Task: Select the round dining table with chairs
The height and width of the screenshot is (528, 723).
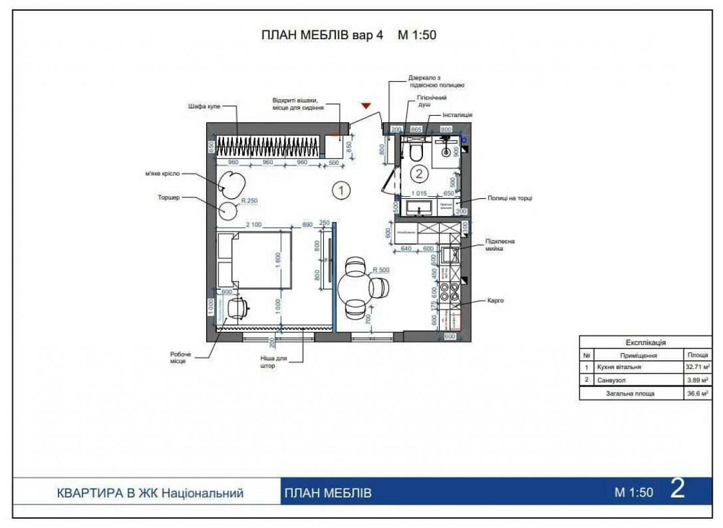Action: tap(361, 287)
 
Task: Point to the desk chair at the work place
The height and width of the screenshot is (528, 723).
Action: tap(236, 309)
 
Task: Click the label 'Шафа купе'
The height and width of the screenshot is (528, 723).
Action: tap(199, 106)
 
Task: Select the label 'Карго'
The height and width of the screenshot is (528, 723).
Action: tap(495, 300)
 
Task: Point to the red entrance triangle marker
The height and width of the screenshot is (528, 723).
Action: tap(367, 106)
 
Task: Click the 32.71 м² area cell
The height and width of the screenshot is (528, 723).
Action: tap(698, 367)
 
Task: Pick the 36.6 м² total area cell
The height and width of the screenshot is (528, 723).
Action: tap(698, 394)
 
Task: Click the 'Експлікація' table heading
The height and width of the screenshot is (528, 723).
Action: tap(645, 343)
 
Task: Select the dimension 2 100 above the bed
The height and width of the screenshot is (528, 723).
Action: tap(254, 225)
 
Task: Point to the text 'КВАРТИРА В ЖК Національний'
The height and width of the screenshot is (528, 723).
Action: tap(150, 493)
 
